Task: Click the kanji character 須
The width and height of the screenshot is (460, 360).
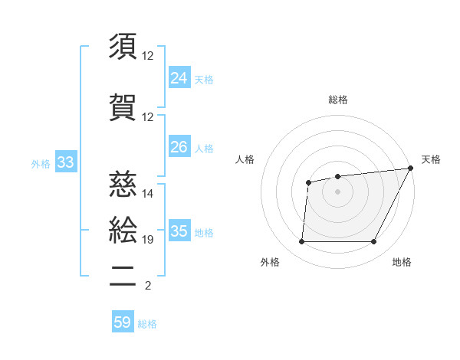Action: point(123,47)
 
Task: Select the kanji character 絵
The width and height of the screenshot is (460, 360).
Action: point(123,231)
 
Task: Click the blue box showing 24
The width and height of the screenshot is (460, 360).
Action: point(179,78)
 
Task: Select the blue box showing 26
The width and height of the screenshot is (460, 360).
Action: point(179,147)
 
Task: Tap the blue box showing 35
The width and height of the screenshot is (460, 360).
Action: point(179,231)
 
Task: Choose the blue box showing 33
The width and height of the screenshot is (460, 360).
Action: point(65,162)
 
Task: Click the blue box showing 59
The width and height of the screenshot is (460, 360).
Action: point(123,322)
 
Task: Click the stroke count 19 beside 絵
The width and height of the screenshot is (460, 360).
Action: point(148,240)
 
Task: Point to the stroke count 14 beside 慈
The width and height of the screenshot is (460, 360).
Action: point(148,193)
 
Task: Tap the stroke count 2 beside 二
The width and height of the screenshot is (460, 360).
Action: point(147,286)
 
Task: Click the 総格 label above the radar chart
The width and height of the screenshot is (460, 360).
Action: point(338,100)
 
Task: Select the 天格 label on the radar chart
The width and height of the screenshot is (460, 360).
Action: point(431,159)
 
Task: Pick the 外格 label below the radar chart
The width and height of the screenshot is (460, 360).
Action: point(270,262)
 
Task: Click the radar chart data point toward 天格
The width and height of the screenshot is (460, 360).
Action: point(412,167)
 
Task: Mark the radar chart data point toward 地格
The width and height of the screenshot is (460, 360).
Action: point(374,242)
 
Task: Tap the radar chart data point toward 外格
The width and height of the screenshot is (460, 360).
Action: point(301,242)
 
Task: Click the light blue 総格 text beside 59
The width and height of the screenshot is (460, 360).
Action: point(147,324)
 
